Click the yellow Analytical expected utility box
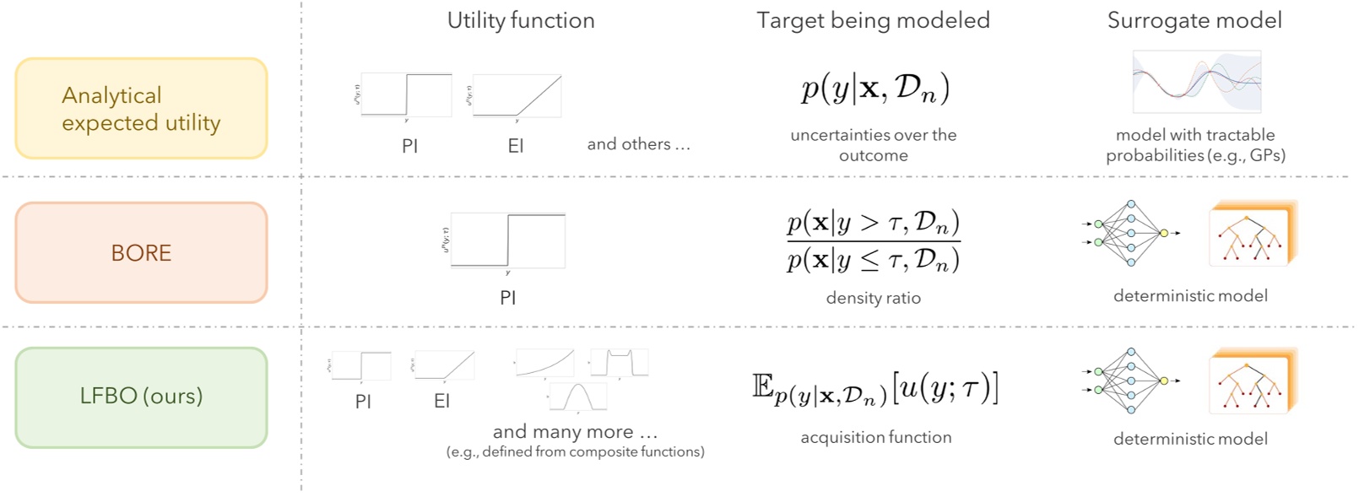click(141, 109)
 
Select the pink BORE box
click(141, 252)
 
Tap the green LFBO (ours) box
click(141, 397)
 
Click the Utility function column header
click(521, 21)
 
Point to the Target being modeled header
click(873, 21)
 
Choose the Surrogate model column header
click(1194, 21)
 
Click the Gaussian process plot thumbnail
click(1196, 82)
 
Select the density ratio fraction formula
click(873, 241)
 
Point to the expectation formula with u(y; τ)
click(874, 388)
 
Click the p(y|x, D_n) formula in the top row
click(874, 89)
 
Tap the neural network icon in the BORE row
click(1130, 234)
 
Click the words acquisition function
click(875, 437)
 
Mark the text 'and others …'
click(638, 144)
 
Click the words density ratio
click(873, 298)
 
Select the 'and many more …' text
click(575, 432)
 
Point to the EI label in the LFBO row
click(441, 402)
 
